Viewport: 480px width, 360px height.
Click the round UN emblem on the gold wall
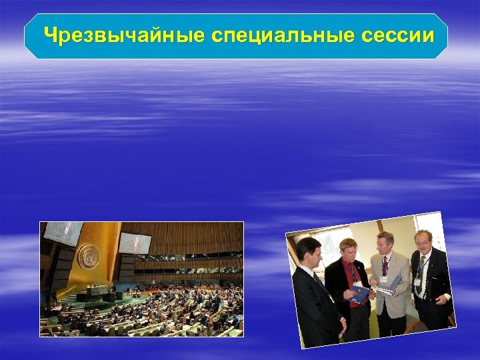click(x=88, y=255)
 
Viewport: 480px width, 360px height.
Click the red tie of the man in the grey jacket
click(x=384, y=266)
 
